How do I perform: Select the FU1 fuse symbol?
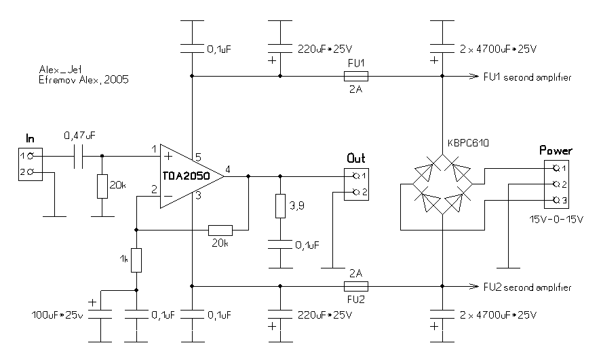point(357,77)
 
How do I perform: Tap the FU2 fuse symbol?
point(357,285)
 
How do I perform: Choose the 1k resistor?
point(136,260)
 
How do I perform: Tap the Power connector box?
point(556,184)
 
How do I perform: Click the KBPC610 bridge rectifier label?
point(468,144)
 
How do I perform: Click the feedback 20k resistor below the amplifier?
point(220,230)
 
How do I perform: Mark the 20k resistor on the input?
point(102,186)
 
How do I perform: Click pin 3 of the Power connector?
point(557,200)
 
